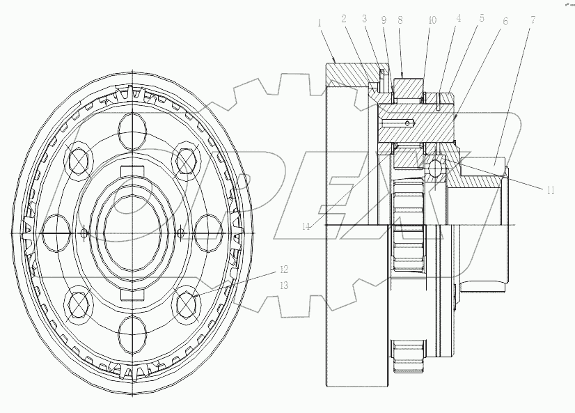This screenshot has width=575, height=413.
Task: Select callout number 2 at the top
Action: [x=343, y=20]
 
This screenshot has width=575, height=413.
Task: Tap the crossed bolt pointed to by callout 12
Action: [x=186, y=302]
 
